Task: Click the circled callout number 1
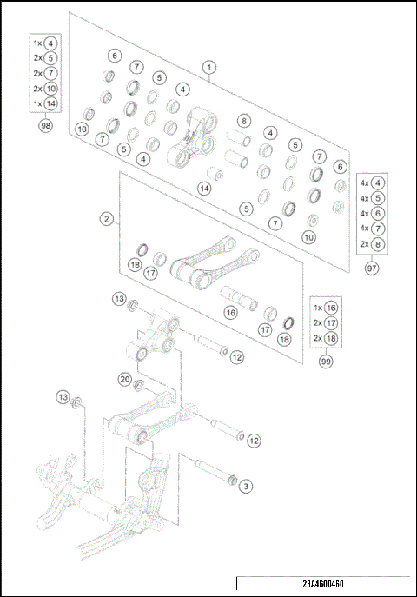[209, 66]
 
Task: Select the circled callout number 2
[107, 219]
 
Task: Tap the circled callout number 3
[246, 487]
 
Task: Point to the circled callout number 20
[125, 379]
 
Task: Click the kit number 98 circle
[45, 126]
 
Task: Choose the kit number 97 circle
[372, 269]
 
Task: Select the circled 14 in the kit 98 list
[51, 103]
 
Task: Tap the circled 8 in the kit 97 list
[379, 244]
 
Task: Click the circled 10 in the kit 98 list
[51, 88]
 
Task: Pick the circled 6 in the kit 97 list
[379, 213]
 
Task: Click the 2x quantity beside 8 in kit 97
[362, 244]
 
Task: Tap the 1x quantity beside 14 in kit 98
[36, 103]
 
